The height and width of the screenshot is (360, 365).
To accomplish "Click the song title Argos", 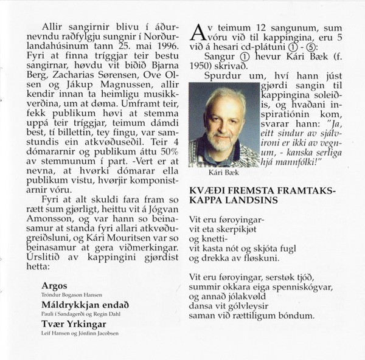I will coord(55,286).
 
